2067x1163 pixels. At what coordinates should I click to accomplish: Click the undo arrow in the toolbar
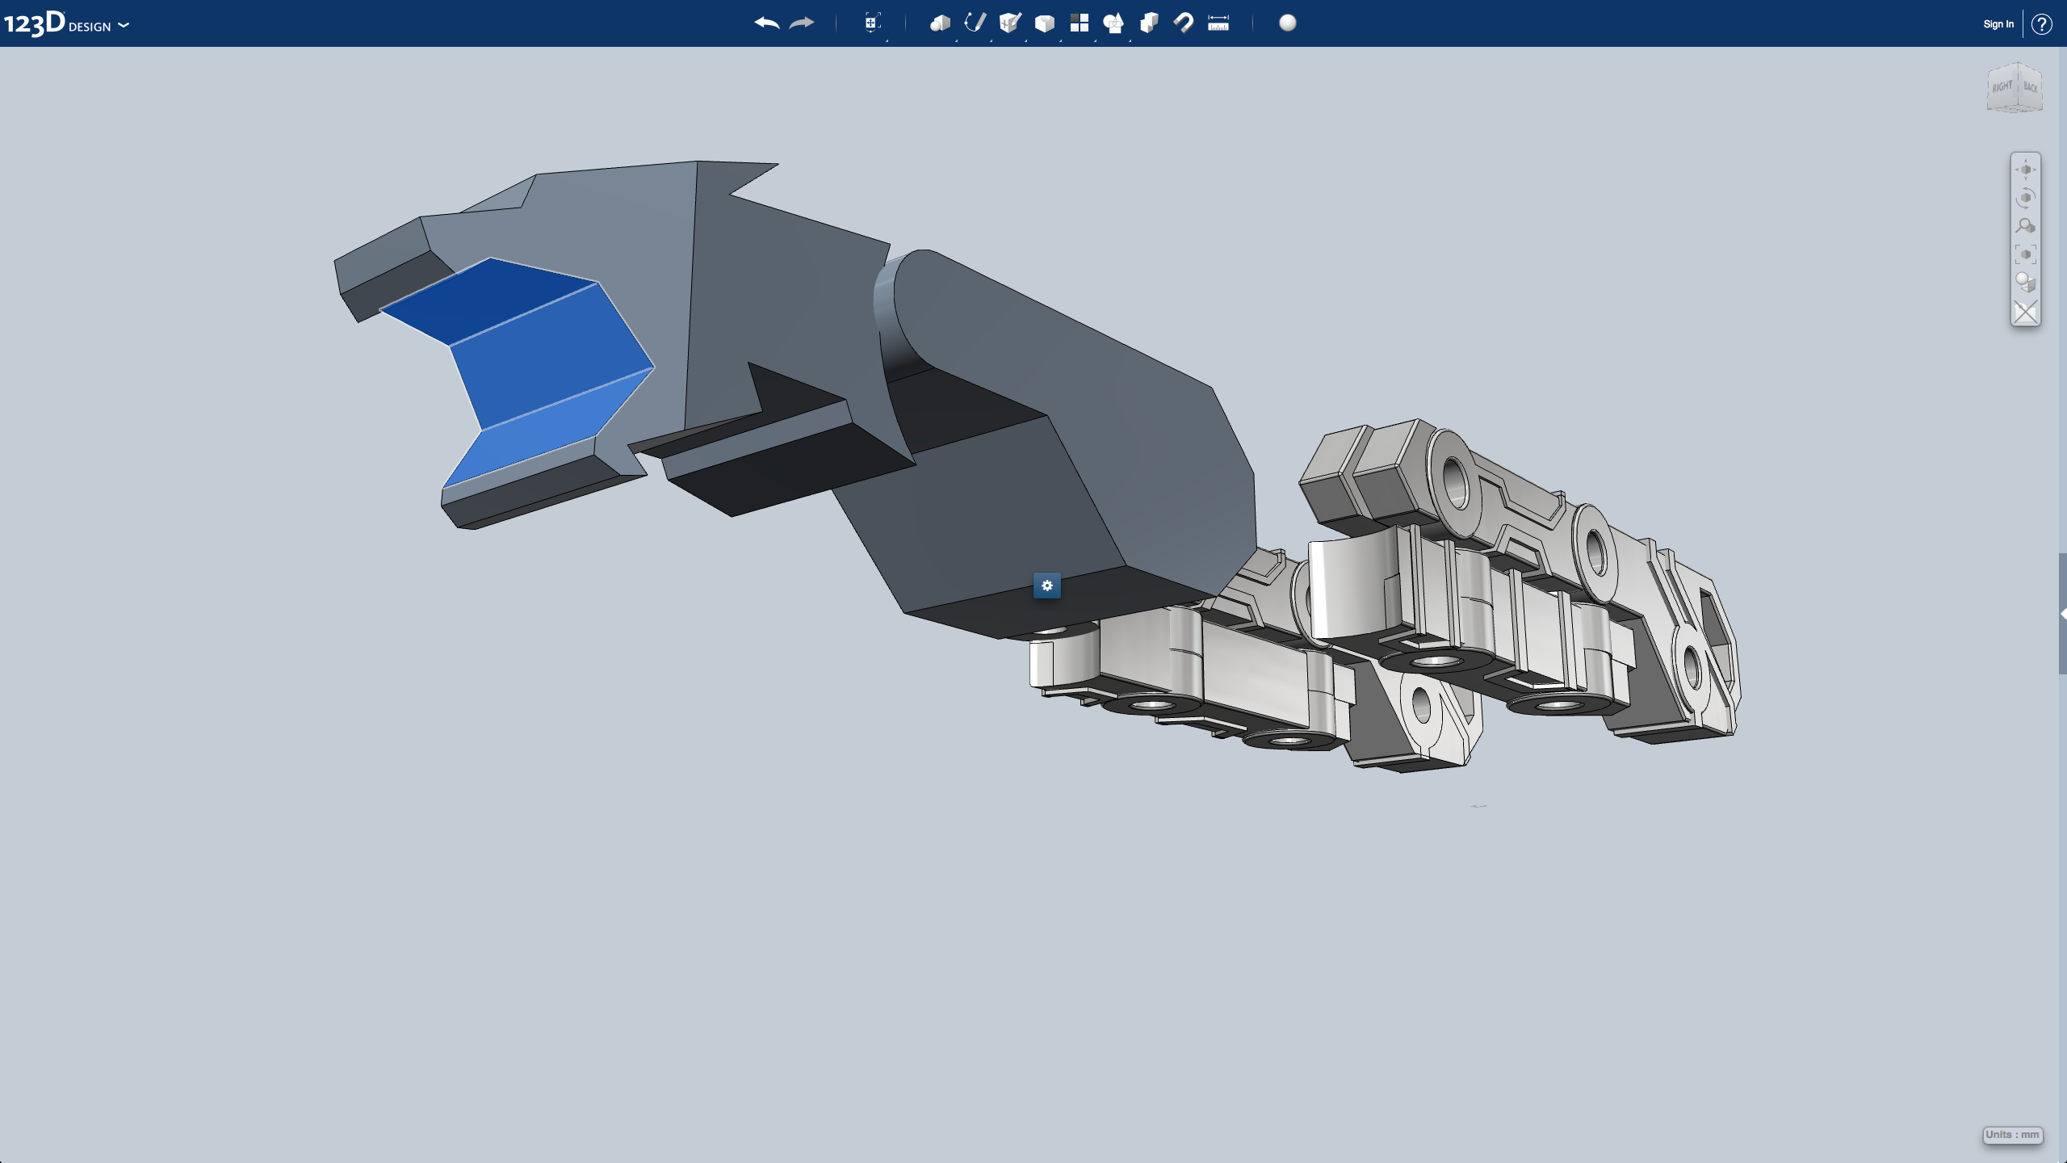point(766,23)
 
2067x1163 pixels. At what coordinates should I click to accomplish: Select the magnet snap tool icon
point(1184,23)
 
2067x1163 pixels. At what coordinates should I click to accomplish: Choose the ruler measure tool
point(1218,23)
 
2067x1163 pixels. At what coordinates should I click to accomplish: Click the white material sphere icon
point(1288,23)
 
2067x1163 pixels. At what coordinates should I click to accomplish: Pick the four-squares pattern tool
point(1080,23)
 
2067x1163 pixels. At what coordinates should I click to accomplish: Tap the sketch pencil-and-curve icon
point(975,23)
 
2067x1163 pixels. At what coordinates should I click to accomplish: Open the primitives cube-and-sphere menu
point(940,23)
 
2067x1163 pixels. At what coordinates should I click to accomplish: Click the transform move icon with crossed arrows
point(871,23)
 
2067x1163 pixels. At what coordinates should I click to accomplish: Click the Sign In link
point(1998,24)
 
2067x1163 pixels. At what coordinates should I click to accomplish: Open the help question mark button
point(2042,24)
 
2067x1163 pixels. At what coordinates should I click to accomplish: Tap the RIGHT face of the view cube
point(2002,87)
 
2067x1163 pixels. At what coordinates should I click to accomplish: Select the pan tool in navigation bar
point(2025,170)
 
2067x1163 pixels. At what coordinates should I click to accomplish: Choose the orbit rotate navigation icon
point(2025,198)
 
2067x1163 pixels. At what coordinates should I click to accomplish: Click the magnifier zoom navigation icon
point(2025,226)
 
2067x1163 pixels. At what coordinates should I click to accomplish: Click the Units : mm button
point(2012,1135)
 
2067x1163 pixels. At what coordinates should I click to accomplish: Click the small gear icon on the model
point(1047,586)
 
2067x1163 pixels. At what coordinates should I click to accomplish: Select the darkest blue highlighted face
point(493,299)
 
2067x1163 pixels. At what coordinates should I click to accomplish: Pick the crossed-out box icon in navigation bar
point(2025,312)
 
